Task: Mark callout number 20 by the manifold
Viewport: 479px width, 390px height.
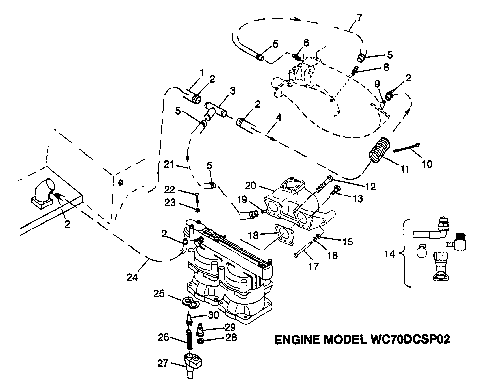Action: tap(253, 187)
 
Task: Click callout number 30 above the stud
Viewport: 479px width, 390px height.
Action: tap(214, 315)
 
